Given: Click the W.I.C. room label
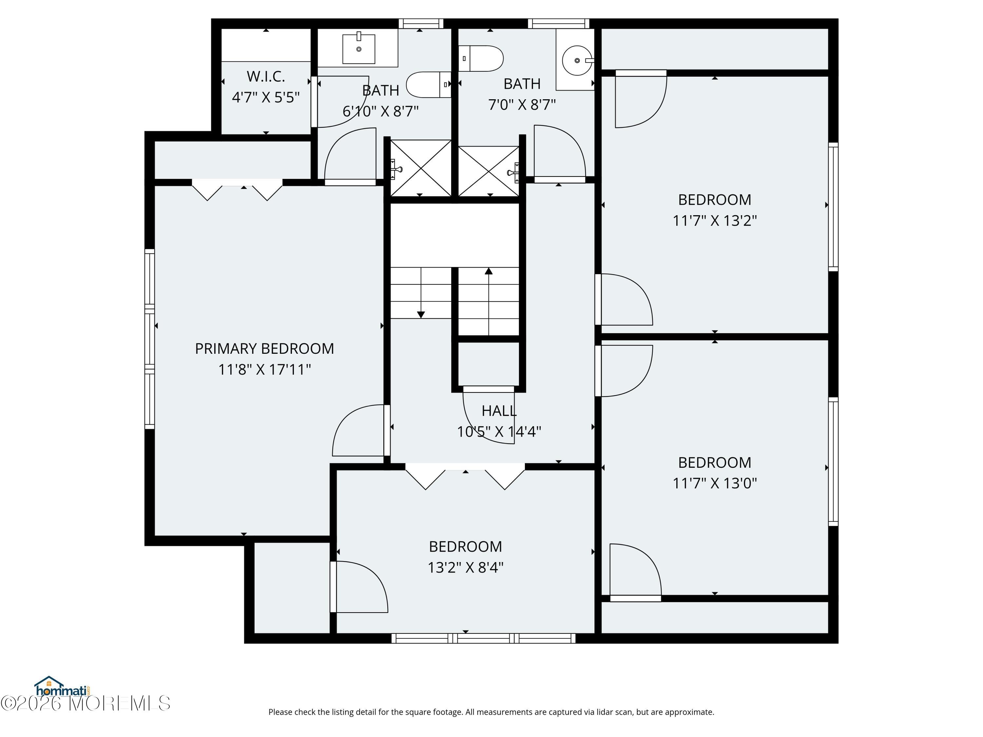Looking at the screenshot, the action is click(266, 76).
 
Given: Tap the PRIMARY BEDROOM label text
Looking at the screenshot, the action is click(264, 349).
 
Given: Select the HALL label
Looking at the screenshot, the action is click(499, 411).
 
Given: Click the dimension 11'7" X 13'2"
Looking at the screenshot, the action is click(715, 220).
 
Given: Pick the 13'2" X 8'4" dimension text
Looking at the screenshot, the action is click(465, 567).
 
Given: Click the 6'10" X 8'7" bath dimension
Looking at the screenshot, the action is click(380, 111).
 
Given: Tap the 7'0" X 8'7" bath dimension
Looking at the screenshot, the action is click(522, 104).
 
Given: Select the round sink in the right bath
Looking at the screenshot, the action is click(577, 60).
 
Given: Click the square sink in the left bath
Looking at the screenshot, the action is click(358, 48).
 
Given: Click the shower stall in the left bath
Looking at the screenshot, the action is click(420, 168).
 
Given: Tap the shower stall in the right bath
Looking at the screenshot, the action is click(489, 171).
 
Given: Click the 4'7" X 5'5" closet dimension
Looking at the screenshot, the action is click(266, 97).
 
